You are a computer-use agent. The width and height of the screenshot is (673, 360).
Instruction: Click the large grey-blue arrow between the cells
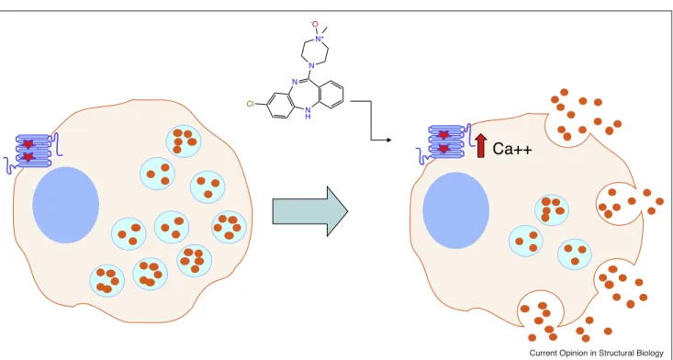(310, 211)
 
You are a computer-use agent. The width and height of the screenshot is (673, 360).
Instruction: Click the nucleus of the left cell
(66, 205)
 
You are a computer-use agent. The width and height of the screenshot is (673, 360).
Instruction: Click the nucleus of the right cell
(455, 210)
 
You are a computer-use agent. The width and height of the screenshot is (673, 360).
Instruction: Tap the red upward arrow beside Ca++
(481, 145)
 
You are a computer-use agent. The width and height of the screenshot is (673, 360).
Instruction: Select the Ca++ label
(512, 149)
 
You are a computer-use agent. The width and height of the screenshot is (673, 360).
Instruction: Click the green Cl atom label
(250, 104)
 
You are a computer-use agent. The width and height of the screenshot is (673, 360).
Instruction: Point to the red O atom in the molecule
(315, 24)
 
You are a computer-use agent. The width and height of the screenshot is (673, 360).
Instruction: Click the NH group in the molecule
(307, 113)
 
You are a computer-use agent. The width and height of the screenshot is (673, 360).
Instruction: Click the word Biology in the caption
(649, 354)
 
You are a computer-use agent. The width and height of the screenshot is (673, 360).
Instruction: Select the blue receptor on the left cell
(33, 152)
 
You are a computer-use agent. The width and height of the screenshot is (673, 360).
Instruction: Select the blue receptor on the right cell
(443, 142)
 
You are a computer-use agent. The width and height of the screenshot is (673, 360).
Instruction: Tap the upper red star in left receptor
(28, 144)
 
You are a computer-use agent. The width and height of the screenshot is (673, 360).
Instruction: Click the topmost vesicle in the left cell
(184, 141)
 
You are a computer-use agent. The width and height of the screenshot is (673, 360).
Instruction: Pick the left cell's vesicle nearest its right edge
(230, 227)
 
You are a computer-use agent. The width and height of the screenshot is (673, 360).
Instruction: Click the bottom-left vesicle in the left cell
(107, 281)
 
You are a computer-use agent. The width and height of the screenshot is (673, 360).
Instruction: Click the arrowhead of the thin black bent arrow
(389, 141)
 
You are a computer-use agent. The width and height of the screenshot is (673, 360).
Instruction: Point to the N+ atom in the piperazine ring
(319, 39)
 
